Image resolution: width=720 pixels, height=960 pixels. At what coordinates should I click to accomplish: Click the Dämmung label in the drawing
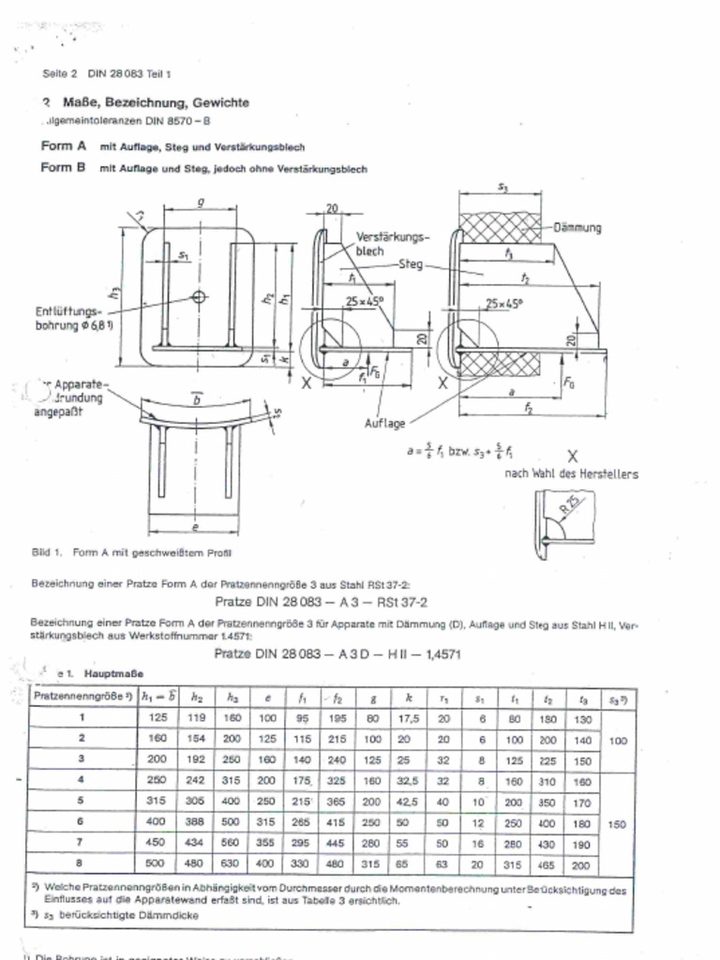(x=577, y=227)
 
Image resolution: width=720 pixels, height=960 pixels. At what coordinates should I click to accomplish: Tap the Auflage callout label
(x=384, y=423)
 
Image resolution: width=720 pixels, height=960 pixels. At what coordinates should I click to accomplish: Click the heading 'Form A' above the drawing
(x=64, y=147)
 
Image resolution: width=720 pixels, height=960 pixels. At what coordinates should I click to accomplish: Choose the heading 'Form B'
(x=64, y=169)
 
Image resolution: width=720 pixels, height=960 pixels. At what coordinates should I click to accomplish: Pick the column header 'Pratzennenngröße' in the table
(x=82, y=697)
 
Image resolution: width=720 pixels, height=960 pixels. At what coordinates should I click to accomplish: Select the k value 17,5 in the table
(x=409, y=718)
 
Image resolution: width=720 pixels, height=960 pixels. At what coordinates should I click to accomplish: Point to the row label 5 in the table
(x=82, y=802)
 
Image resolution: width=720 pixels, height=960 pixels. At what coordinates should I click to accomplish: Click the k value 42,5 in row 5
(x=409, y=802)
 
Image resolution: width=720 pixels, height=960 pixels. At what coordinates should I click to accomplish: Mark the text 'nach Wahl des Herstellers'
(x=571, y=474)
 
